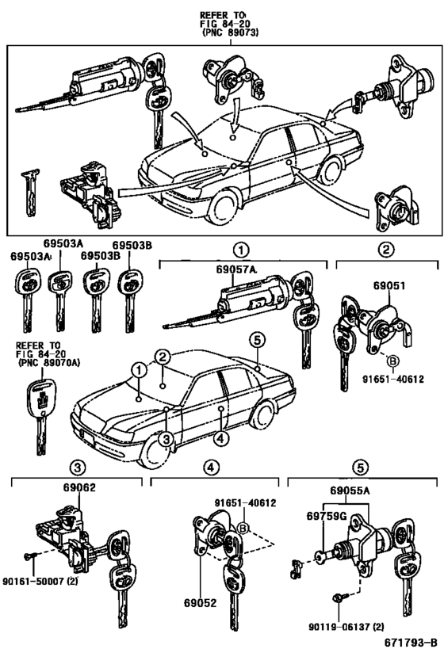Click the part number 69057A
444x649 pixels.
[236, 270]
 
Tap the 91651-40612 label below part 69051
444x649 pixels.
[406, 380]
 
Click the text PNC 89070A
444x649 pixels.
[48, 363]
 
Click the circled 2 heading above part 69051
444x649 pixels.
[386, 250]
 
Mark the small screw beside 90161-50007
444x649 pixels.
[28, 559]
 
